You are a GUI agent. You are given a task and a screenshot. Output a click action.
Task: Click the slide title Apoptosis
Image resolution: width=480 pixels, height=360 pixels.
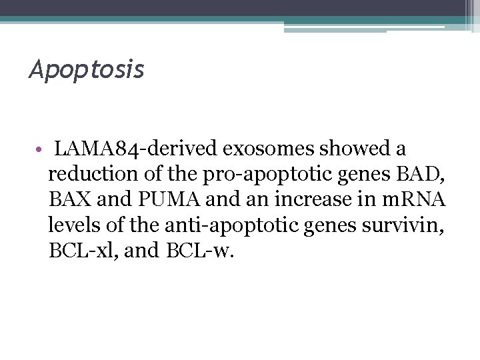point(86,69)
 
